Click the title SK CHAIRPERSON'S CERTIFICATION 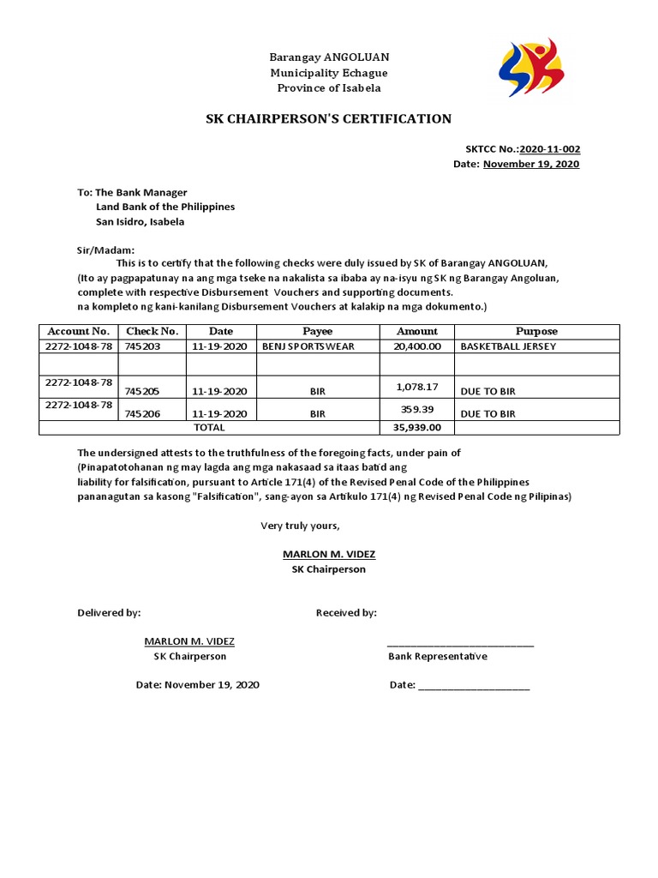click(328, 118)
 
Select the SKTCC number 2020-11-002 click(549, 148)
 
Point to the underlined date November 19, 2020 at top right click(531, 164)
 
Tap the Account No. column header click(78, 331)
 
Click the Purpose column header click(536, 331)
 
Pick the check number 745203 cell click(142, 346)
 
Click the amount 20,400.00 click(417, 346)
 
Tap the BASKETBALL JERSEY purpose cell click(508, 346)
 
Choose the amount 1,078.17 click(417, 388)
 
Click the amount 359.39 click(417, 409)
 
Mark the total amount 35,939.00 click(417, 427)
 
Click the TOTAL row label click(209, 427)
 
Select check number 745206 click(142, 413)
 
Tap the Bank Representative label click(437, 656)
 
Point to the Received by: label click(346, 612)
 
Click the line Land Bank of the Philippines click(164, 207)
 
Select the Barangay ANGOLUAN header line click(329, 57)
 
